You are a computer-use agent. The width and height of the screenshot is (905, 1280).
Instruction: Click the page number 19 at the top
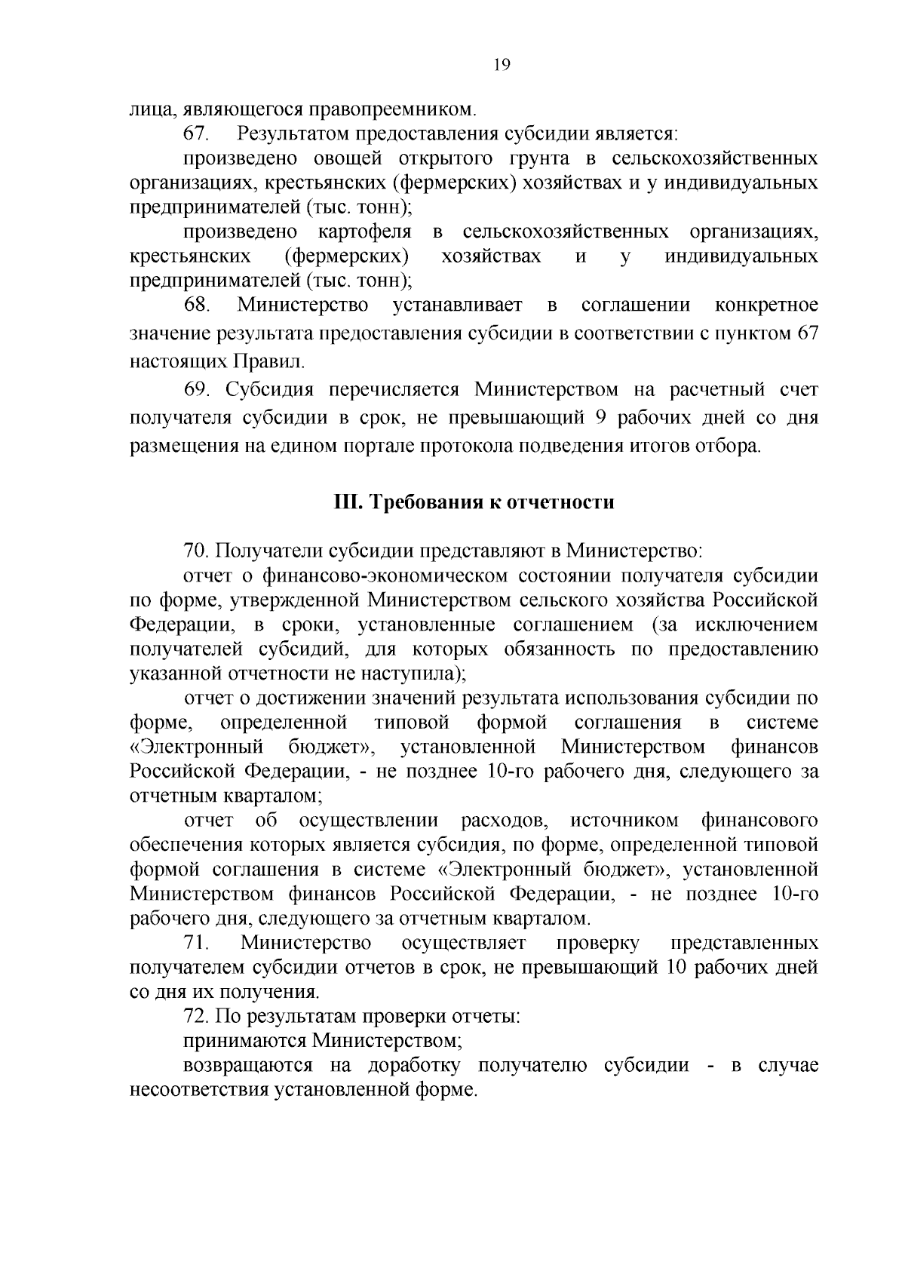(x=502, y=65)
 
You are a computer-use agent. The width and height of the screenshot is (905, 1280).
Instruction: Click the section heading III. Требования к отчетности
(x=474, y=502)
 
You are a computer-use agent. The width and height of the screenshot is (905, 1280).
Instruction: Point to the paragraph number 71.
(x=198, y=944)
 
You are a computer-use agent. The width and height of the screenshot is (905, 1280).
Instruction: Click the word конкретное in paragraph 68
(x=766, y=305)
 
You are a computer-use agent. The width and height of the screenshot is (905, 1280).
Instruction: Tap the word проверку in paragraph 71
(x=598, y=944)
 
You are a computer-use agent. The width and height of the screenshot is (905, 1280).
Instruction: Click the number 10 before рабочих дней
(x=673, y=968)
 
